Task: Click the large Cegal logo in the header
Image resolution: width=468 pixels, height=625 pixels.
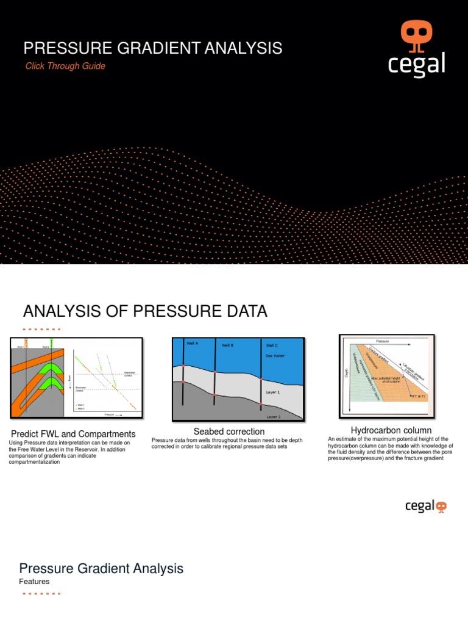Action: pyautogui.click(x=416, y=49)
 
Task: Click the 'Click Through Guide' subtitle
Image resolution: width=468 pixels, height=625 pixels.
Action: pyautogui.click(x=65, y=66)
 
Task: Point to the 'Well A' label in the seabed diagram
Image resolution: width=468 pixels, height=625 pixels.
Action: pyautogui.click(x=193, y=343)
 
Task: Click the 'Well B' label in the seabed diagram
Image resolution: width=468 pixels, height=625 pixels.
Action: pyautogui.click(x=227, y=345)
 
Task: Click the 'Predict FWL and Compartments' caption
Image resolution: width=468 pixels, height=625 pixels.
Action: pyautogui.click(x=73, y=435)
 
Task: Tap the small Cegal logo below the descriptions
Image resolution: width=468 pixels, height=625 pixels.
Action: pyautogui.click(x=425, y=506)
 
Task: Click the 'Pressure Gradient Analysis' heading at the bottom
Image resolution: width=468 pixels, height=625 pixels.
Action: pyautogui.click(x=101, y=568)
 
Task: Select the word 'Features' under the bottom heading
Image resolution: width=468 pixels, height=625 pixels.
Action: pyautogui.click(x=34, y=582)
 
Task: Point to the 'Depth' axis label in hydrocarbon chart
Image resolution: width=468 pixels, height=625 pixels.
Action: pyautogui.click(x=347, y=372)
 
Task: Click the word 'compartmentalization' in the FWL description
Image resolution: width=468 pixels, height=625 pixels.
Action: pyautogui.click(x=34, y=462)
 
